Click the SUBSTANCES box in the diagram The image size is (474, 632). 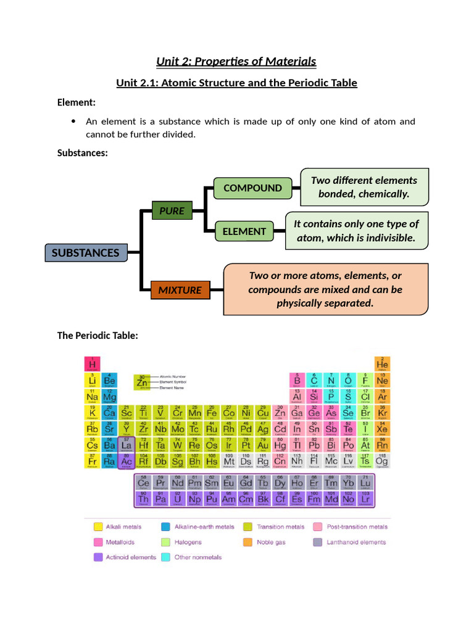click(x=85, y=252)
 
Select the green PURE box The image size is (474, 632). click(x=172, y=210)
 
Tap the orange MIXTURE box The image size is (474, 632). click(x=180, y=289)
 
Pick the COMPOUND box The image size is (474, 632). click(x=252, y=188)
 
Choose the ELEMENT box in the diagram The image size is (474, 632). click(x=244, y=231)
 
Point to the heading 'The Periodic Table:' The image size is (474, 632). click(x=98, y=335)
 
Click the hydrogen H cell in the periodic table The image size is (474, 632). click(x=93, y=364)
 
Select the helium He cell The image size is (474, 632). click(x=382, y=364)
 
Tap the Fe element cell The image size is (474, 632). click(x=212, y=412)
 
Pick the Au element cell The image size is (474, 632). click(x=263, y=444)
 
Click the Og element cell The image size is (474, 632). click(x=382, y=460)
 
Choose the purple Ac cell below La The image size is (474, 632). click(x=127, y=460)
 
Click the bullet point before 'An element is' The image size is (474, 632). click(x=74, y=121)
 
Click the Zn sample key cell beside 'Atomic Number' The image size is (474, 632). click(x=143, y=383)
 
